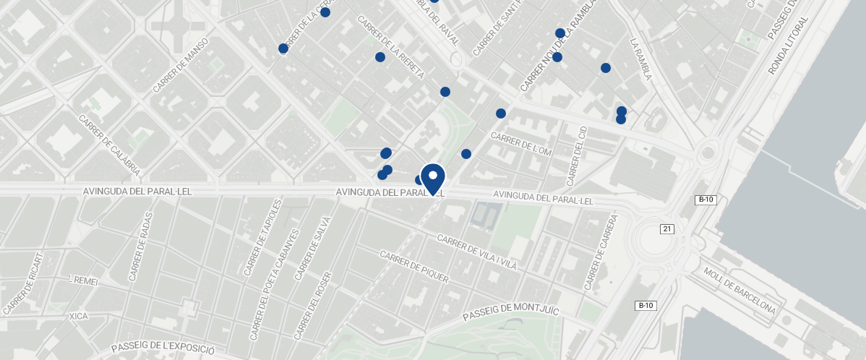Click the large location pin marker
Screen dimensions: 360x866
pyautogui.click(x=432, y=178)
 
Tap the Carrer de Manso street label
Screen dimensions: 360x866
pyautogui.click(x=181, y=65)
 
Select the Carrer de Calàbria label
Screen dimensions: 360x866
pyautogui.click(x=110, y=145)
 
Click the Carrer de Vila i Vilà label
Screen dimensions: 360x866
pyautogui.click(x=477, y=252)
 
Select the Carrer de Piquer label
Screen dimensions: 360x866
pyautogui.click(x=413, y=267)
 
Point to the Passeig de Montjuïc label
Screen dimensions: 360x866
pyautogui.click(x=511, y=312)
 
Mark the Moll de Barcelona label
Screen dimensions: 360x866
pyautogui.click(x=739, y=291)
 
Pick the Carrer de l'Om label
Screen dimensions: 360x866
pyautogui.click(x=520, y=142)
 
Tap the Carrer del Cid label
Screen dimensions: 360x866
pyautogui.click(x=577, y=155)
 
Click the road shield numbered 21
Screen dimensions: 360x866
pyautogui.click(x=667, y=229)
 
